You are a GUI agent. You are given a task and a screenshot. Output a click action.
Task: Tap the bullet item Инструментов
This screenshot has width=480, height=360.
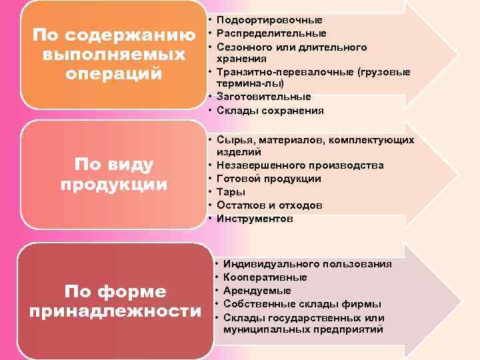(x=254, y=219)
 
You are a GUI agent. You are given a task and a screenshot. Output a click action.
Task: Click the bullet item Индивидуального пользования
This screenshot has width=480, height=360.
(x=307, y=265)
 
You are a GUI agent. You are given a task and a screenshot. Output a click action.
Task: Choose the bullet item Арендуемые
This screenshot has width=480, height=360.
(x=257, y=291)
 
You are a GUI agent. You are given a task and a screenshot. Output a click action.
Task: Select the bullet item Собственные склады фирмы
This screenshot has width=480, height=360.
(x=302, y=304)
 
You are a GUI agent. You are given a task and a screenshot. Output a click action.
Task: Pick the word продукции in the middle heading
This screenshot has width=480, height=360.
(x=114, y=184)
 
